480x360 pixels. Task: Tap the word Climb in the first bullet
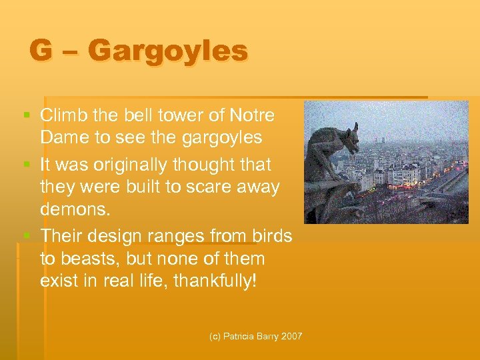pyautogui.click(x=62, y=115)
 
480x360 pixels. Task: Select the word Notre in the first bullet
pyautogui.click(x=251, y=115)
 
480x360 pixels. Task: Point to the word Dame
pyautogui.click(x=63, y=138)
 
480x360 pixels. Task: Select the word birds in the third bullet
pyautogui.click(x=272, y=235)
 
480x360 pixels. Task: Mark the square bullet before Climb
pyautogui.click(x=27, y=116)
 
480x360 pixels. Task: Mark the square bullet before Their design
pyautogui.click(x=27, y=236)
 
